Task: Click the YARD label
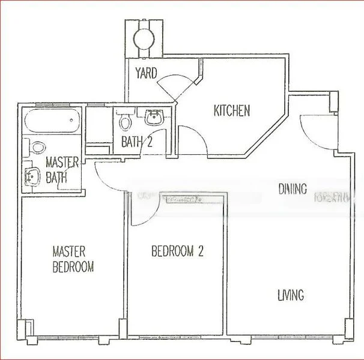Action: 146,73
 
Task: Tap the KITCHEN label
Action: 232,110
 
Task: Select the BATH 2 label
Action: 136,142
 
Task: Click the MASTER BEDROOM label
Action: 73,259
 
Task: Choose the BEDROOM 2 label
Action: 177,251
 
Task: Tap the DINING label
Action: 293,189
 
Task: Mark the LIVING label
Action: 290,295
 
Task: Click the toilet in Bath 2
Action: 125,122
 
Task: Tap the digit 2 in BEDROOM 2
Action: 201,251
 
